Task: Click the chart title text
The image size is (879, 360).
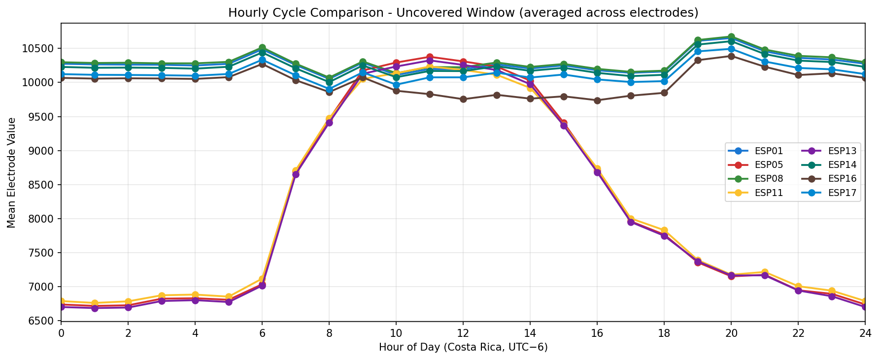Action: (x=463, y=13)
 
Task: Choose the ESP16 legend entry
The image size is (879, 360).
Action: (x=838, y=179)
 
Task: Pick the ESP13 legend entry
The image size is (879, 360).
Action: (x=838, y=151)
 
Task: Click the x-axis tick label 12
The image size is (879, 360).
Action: (x=463, y=333)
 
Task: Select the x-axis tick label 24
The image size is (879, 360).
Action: (x=865, y=333)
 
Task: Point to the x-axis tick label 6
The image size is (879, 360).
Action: (x=262, y=333)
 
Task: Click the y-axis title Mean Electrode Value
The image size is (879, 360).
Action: (x=11, y=172)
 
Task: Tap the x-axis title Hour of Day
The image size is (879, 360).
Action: (x=463, y=348)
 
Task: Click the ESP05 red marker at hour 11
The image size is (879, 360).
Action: (x=430, y=57)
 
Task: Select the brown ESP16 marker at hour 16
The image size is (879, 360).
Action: (x=597, y=100)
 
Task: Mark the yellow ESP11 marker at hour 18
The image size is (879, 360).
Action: (x=664, y=230)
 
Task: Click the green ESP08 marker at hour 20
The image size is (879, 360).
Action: (x=731, y=37)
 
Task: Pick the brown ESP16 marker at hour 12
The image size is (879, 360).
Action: (x=463, y=99)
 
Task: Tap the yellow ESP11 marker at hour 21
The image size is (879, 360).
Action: (x=765, y=272)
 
